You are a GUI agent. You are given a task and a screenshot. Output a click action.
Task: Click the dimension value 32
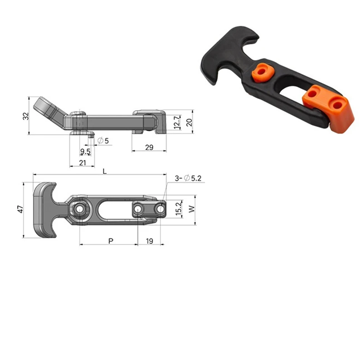tap(25, 116)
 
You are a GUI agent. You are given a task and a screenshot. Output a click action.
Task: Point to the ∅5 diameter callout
tap(103, 141)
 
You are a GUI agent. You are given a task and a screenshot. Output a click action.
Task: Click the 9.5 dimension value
tap(85, 151)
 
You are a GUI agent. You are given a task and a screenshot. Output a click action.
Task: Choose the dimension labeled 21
tap(83, 162)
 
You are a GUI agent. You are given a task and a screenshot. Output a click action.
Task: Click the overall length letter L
tap(105, 171)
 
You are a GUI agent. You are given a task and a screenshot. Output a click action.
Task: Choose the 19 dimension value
tap(149, 240)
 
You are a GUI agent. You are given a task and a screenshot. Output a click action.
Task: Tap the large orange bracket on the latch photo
tap(331, 108)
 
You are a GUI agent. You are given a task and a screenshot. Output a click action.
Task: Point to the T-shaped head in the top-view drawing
tap(45, 210)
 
